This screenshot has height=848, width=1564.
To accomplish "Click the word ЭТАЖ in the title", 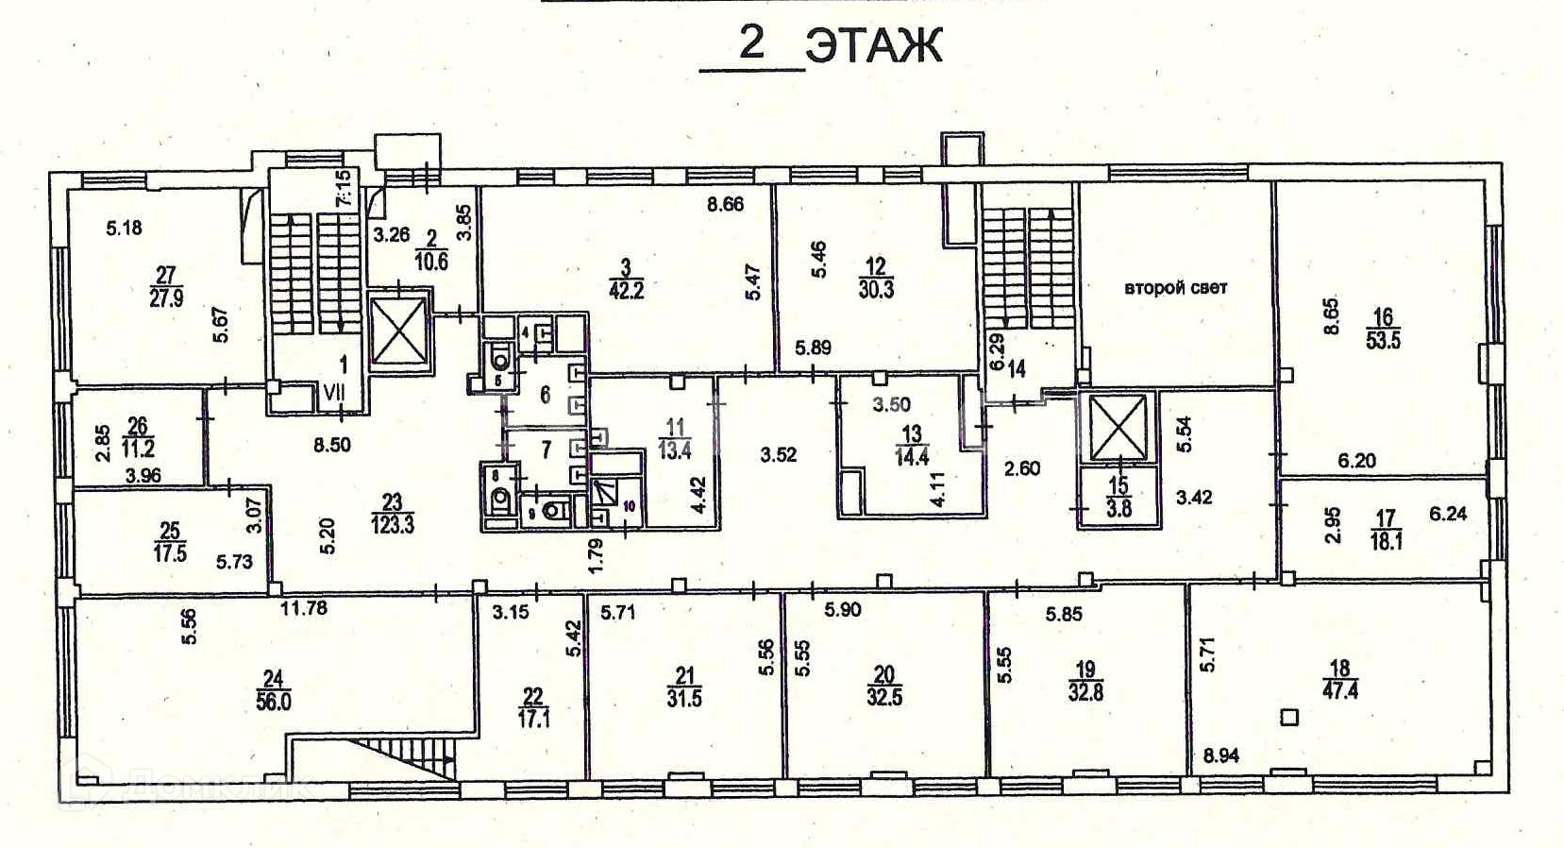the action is click(875, 44).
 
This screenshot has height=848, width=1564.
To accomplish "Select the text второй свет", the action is click(1175, 287).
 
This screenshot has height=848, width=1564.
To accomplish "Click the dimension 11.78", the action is click(304, 608).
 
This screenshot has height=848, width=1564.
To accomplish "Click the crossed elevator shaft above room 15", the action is click(1117, 426).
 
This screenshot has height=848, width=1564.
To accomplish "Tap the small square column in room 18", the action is click(1289, 718).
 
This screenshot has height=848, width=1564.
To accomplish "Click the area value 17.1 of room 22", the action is click(533, 719).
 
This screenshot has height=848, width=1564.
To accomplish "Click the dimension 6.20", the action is click(1356, 461).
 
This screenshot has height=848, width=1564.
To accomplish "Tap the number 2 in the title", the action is click(751, 42).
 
